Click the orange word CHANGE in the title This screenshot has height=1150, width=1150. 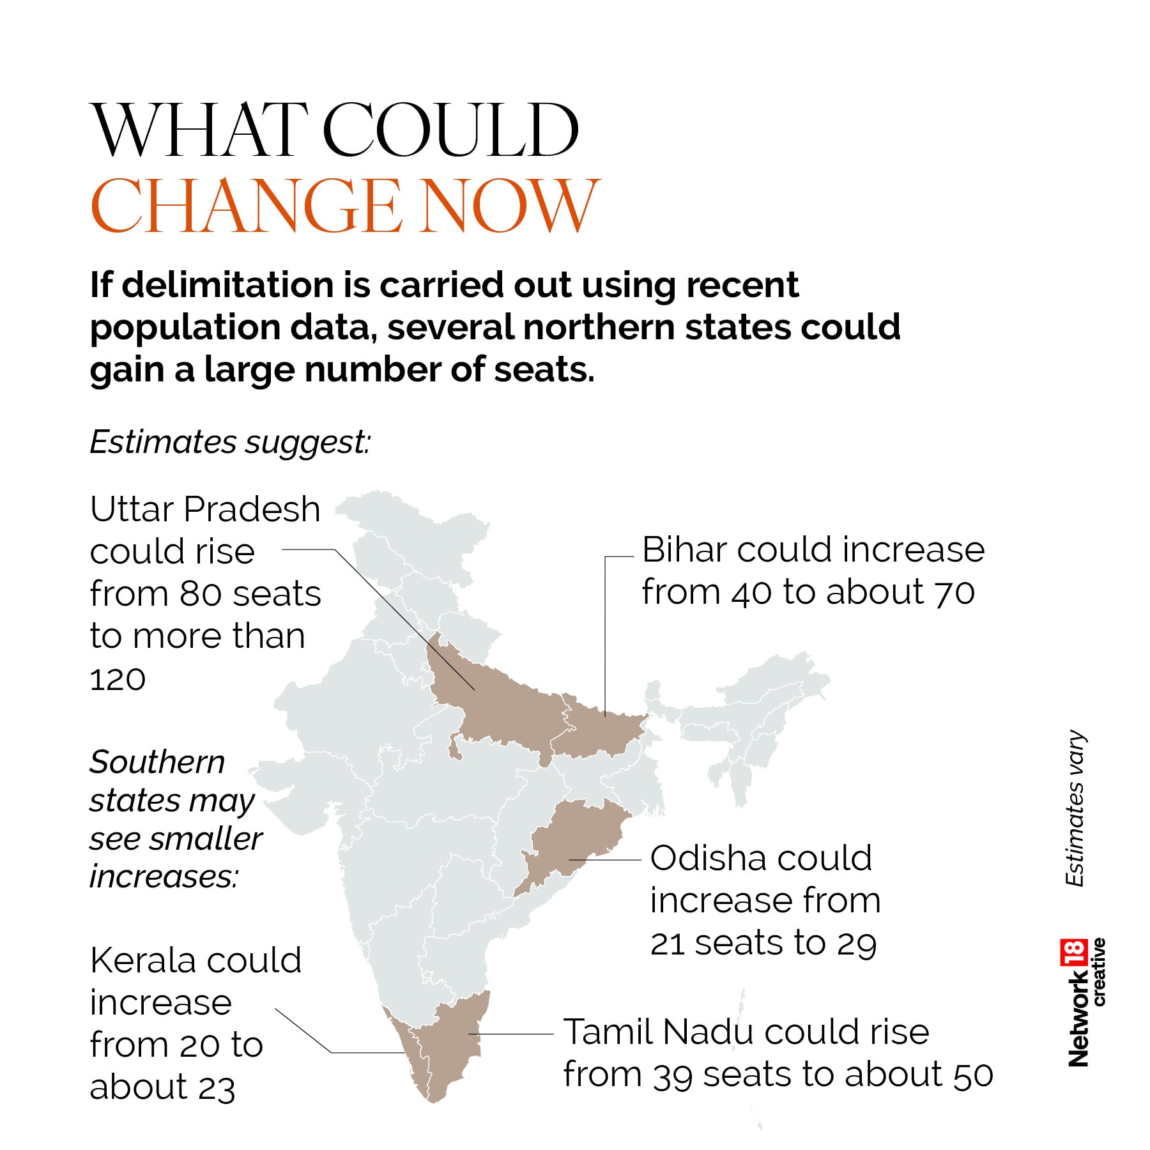246,206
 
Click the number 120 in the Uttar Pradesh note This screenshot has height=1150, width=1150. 118,680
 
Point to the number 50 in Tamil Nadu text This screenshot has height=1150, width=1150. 973,1075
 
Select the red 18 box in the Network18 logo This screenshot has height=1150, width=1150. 1073,954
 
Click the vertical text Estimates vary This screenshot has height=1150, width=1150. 1075,808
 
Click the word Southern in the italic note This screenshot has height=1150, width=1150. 157,762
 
